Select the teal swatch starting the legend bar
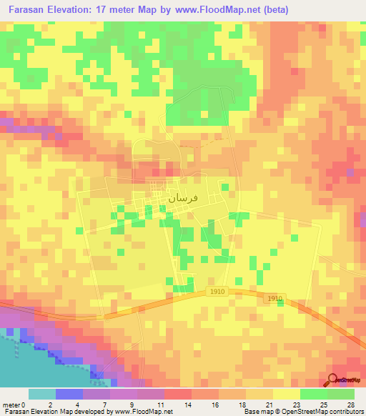coord(41,394)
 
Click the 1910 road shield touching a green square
coord(275,299)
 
